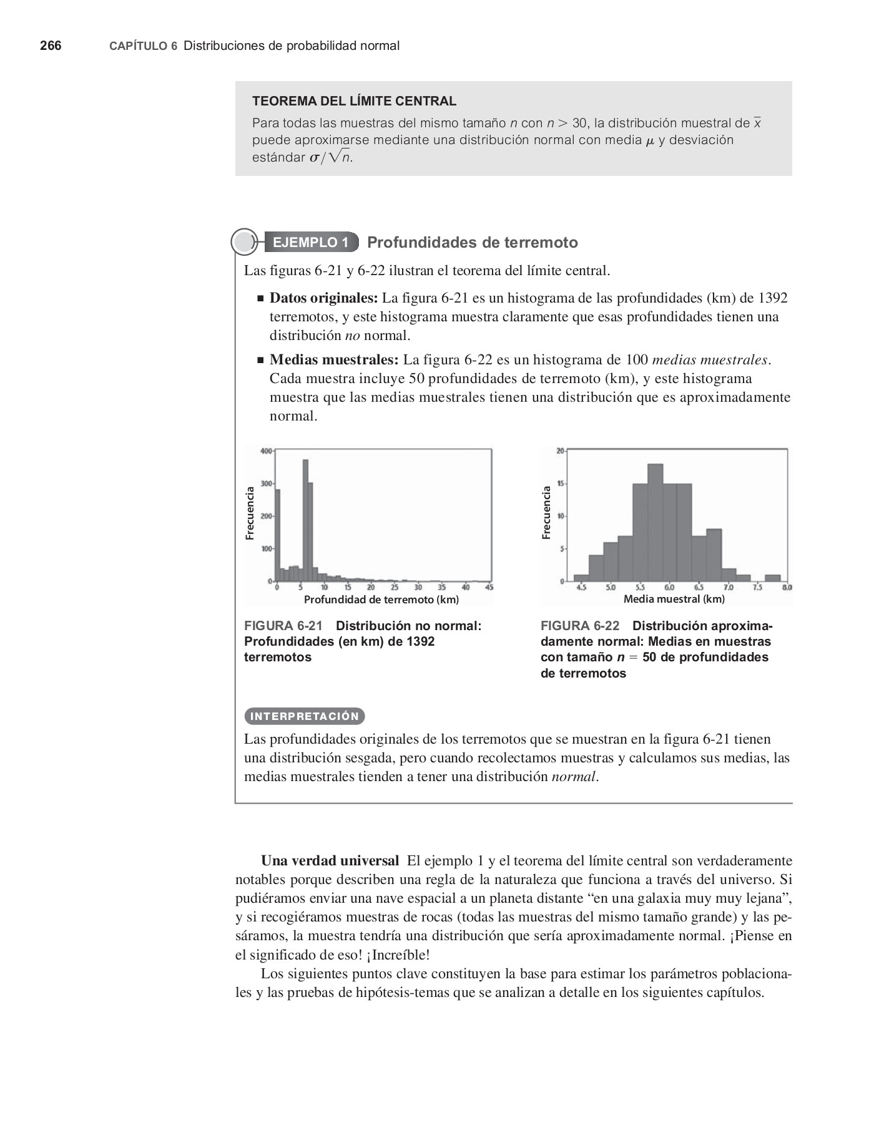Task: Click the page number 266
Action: click(x=51, y=46)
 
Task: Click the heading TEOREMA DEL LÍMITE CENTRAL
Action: click(x=354, y=101)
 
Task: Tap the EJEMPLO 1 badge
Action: click(x=310, y=243)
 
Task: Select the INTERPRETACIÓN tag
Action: click(x=305, y=716)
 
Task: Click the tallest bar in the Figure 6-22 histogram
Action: click(x=655, y=523)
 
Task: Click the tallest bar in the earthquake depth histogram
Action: click(x=306, y=521)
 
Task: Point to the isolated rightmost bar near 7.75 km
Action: click(x=772, y=578)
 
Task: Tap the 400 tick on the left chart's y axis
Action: click(x=266, y=450)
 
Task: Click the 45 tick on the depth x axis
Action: click(x=489, y=588)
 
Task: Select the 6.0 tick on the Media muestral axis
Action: click(x=669, y=588)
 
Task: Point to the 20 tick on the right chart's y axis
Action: click(x=560, y=450)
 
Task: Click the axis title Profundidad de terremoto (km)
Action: click(x=381, y=600)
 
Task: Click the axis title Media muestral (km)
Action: click(x=674, y=599)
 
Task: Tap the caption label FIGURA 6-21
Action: click(x=283, y=626)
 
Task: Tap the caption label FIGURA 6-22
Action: click(x=580, y=626)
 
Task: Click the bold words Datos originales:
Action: click(x=323, y=298)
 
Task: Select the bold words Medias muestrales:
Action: click(x=333, y=360)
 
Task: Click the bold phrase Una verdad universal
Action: click(x=330, y=861)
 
